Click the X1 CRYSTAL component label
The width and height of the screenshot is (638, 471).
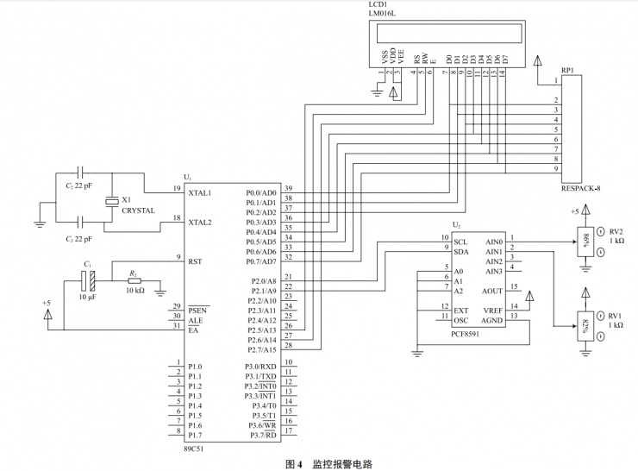click(x=138, y=204)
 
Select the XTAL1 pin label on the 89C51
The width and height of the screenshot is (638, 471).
click(x=199, y=192)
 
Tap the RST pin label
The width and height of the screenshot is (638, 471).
click(x=195, y=260)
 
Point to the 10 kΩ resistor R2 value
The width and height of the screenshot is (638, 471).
click(x=135, y=290)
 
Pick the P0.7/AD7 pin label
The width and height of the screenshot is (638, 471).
click(x=260, y=261)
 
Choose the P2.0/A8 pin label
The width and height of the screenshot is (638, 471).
click(x=261, y=281)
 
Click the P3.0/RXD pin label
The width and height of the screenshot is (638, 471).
click(x=260, y=367)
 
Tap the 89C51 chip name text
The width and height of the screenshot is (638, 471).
click(x=195, y=449)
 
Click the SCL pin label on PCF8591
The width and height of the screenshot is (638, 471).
click(x=460, y=242)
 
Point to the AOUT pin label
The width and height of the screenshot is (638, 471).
click(x=492, y=292)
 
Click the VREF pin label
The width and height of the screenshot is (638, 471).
click(x=493, y=311)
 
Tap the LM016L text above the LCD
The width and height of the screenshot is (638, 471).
click(x=384, y=14)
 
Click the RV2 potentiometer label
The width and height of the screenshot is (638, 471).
click(x=616, y=231)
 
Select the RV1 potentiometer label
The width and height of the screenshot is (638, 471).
click(x=616, y=317)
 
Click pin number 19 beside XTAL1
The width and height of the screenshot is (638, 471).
click(x=176, y=188)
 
